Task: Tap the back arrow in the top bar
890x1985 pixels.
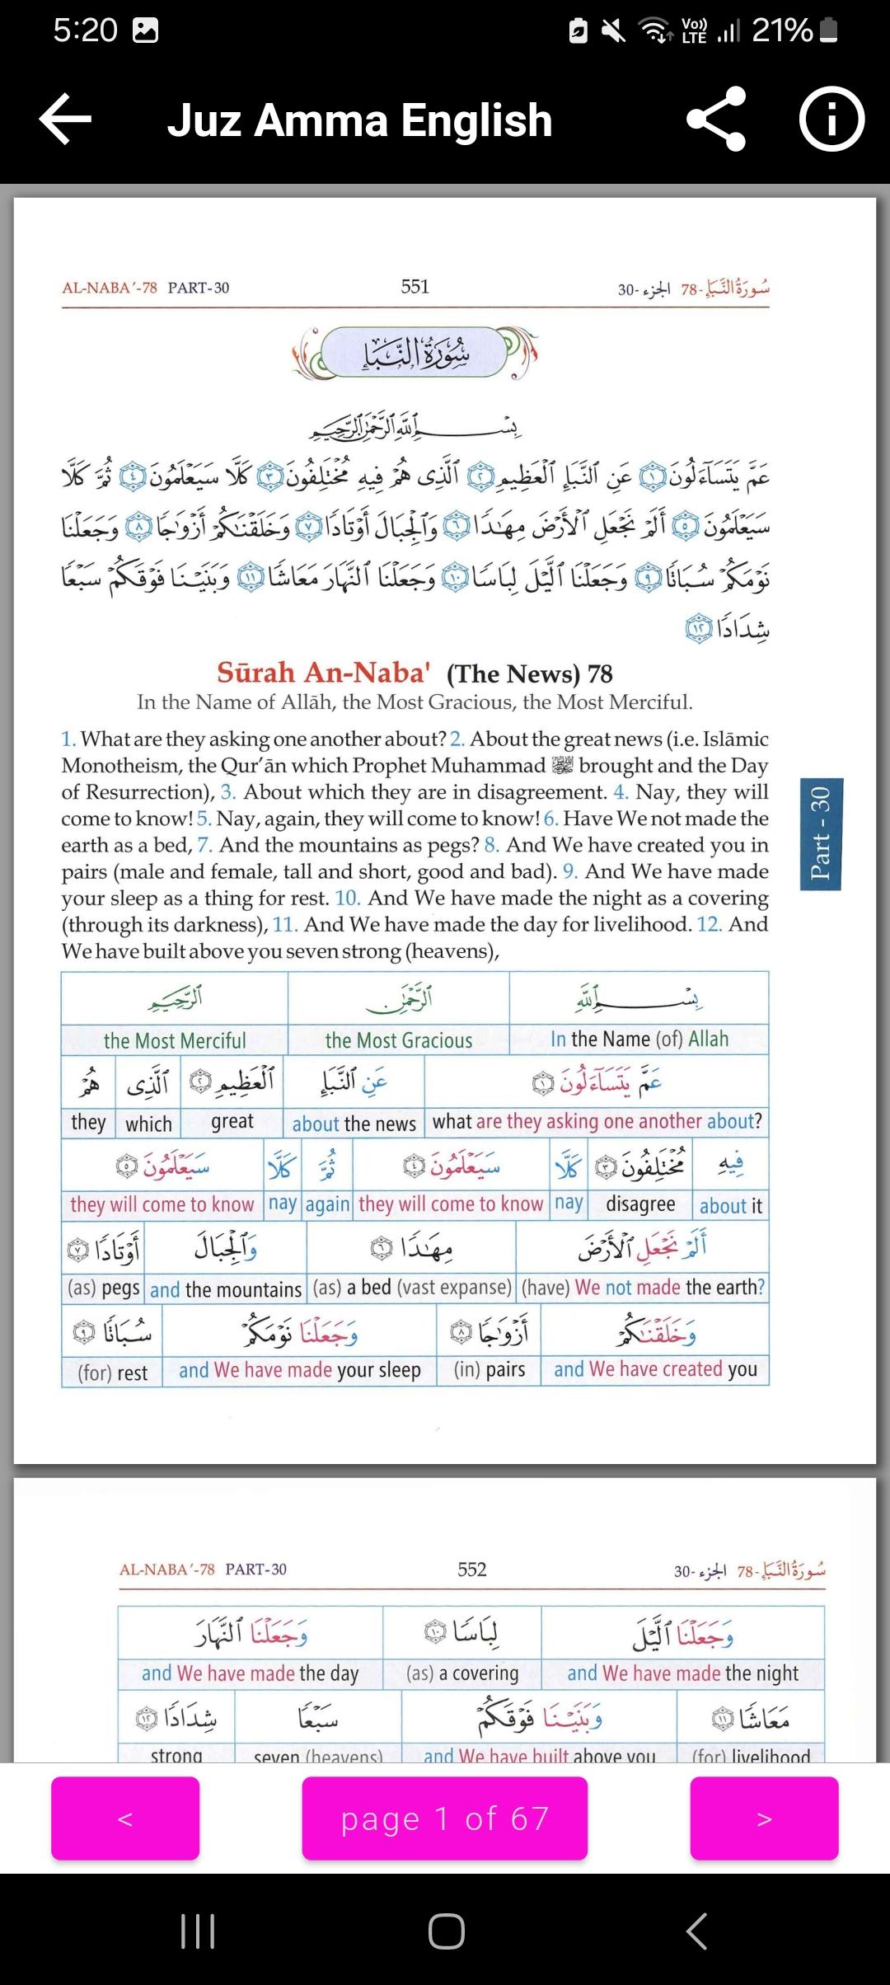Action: [66, 120]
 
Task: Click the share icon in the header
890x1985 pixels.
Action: [716, 120]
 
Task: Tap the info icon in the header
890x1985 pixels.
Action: [831, 120]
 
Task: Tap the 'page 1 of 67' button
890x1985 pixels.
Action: [444, 1818]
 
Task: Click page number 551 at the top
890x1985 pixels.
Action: [415, 287]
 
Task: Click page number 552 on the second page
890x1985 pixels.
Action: [472, 1569]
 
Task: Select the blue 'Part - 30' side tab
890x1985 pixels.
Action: [820, 833]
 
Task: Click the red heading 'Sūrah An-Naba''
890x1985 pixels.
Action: [323, 673]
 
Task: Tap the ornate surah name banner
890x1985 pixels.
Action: [415, 353]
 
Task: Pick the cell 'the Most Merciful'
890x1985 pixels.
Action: [175, 1040]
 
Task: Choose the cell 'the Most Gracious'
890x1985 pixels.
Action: [399, 1040]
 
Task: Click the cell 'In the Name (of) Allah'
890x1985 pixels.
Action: [639, 1039]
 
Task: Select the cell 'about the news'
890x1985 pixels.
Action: [354, 1123]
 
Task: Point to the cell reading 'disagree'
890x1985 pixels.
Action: [640, 1204]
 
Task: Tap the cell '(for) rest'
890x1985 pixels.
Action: [113, 1373]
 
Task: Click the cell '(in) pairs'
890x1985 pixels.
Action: [489, 1369]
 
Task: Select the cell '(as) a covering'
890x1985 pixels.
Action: [462, 1673]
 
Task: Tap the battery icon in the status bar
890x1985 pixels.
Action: [830, 31]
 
